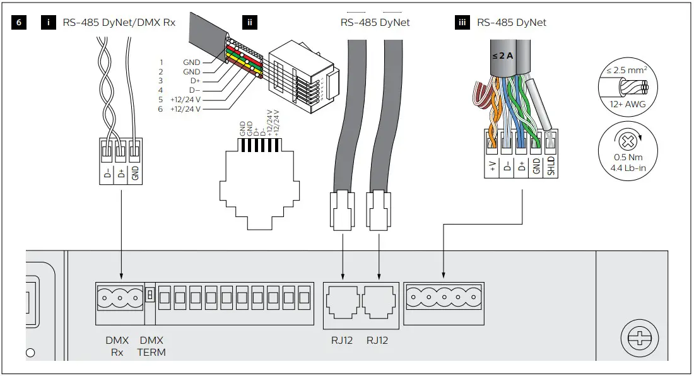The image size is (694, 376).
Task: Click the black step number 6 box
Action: (x=20, y=23)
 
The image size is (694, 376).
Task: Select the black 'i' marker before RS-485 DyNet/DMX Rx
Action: (x=49, y=23)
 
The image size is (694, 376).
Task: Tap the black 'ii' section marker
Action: (x=250, y=23)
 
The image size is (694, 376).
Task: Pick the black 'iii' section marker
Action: (x=462, y=23)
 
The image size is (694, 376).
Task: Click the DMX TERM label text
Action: (x=151, y=346)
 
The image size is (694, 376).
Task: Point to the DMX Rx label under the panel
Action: (x=117, y=346)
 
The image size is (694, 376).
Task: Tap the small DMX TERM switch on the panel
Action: (x=150, y=295)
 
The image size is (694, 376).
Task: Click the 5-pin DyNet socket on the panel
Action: (x=444, y=295)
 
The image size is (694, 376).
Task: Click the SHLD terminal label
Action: (x=550, y=167)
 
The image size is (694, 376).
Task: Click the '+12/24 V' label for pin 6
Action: (x=185, y=109)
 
